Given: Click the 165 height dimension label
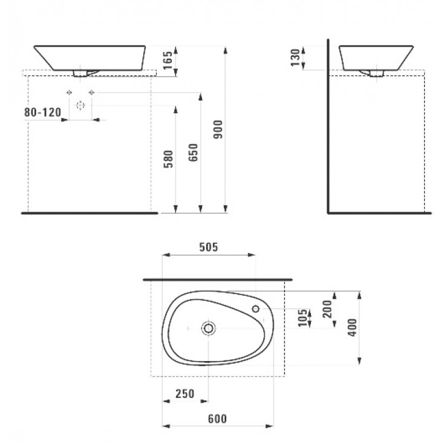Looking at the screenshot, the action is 168,60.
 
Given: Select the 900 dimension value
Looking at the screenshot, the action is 218,129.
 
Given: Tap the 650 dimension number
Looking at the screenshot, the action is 193,152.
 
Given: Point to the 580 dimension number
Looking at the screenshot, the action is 168,159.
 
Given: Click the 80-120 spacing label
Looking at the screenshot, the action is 42,113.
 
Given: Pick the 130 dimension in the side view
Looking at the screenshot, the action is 295,57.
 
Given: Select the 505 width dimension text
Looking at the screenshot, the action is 209,247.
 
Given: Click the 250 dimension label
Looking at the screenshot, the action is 185,394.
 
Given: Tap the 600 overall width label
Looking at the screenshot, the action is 218,419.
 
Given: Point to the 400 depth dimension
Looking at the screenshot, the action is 352,328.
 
